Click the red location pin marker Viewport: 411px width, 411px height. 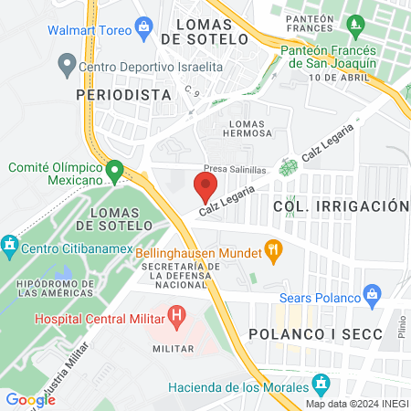pos(205,186)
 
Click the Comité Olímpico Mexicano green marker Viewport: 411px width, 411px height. pos(114,171)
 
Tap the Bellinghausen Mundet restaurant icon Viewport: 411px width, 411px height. pos(271,248)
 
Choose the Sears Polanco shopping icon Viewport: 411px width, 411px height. pos(371,295)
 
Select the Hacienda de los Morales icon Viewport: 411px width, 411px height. pos(321,383)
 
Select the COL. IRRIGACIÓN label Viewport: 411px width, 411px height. pos(338,206)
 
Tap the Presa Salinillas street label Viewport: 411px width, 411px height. pos(235,170)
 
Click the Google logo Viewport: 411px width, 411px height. pos(30,399)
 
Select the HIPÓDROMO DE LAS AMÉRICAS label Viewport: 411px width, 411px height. pos(54,289)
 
